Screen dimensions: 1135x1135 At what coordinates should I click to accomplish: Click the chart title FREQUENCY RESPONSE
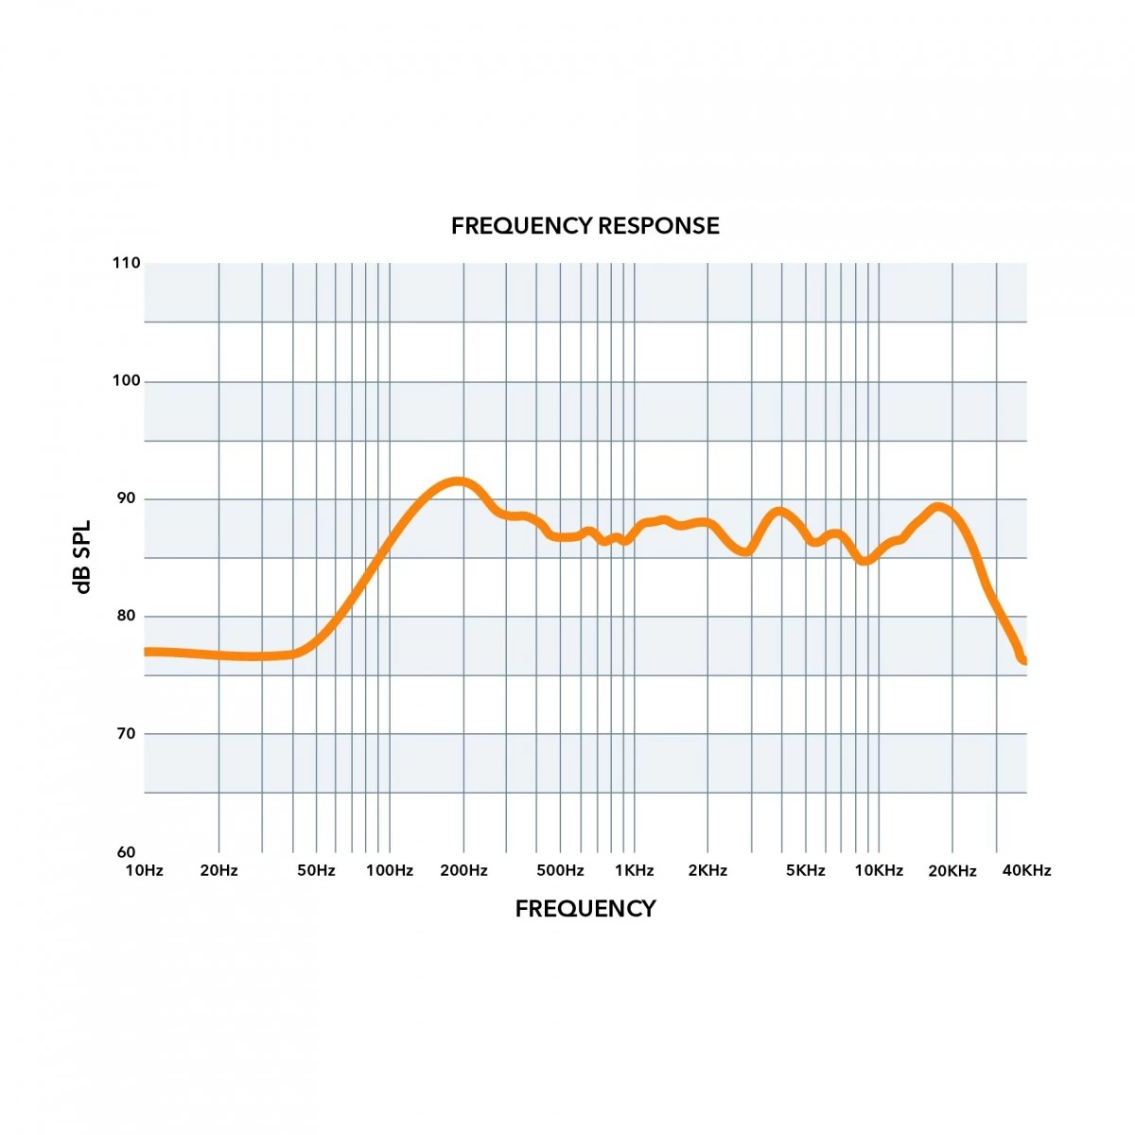(x=585, y=226)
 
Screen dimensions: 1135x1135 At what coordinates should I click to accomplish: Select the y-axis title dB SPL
(x=83, y=556)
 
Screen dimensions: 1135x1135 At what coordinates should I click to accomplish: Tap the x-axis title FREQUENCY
(x=585, y=909)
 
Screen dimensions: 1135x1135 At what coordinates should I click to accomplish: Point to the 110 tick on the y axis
(x=126, y=263)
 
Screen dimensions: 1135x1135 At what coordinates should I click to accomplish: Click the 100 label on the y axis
(x=126, y=381)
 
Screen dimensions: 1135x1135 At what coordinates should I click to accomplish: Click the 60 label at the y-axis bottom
(x=126, y=851)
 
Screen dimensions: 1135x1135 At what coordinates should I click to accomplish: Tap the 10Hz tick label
(x=145, y=870)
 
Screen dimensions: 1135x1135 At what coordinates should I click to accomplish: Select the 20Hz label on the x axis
(x=218, y=870)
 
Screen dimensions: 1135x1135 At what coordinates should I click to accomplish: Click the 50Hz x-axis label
(x=316, y=870)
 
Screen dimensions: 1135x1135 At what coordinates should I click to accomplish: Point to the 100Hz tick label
(x=390, y=870)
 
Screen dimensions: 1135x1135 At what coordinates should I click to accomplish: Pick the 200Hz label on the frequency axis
(x=463, y=870)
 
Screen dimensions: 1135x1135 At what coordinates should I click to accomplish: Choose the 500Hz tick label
(x=560, y=870)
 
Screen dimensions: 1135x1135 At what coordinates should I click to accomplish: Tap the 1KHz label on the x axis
(x=634, y=870)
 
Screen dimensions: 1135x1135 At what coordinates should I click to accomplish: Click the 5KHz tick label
(x=806, y=870)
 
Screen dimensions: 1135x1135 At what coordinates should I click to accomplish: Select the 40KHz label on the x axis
(x=1026, y=870)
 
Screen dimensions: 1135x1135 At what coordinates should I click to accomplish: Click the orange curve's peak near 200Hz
(x=458, y=481)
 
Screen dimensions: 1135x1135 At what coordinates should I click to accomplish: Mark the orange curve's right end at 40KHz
(x=1024, y=660)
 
